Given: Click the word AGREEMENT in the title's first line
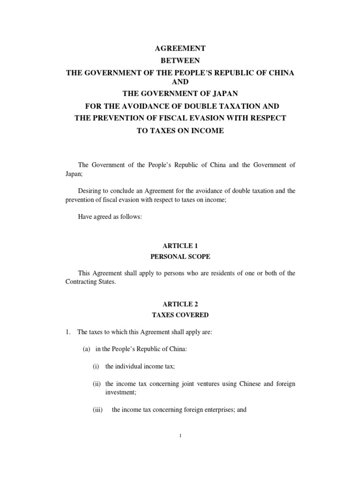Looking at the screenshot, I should pyautogui.click(x=180, y=48).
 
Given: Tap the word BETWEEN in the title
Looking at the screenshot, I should pyautogui.click(x=180, y=61).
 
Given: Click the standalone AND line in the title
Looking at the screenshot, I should pyautogui.click(x=180, y=82).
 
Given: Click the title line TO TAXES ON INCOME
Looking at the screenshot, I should pyautogui.click(x=180, y=131).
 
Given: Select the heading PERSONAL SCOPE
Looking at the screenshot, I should pyautogui.click(x=180, y=257).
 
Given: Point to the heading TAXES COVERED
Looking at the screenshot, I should pyautogui.click(x=180, y=315).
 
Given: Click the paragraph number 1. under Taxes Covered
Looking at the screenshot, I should pyautogui.click(x=67, y=332).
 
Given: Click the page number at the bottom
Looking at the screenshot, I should pyautogui.click(x=180, y=436).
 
